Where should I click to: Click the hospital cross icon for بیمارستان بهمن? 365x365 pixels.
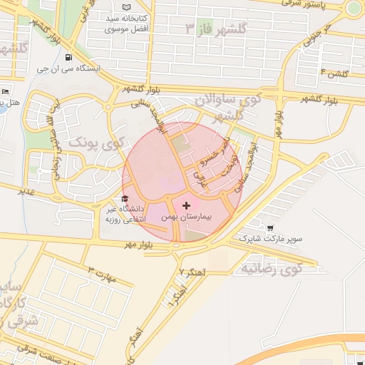click(187, 205)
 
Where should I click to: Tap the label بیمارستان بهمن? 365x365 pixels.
click(187, 215)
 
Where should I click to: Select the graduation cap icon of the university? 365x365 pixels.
click(125, 199)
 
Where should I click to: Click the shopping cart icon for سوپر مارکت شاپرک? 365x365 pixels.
click(271, 229)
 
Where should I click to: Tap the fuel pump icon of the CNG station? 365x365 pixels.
click(68, 58)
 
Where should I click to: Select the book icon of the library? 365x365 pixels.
click(127, 6)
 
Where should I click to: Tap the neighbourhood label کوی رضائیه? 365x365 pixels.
click(270, 269)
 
